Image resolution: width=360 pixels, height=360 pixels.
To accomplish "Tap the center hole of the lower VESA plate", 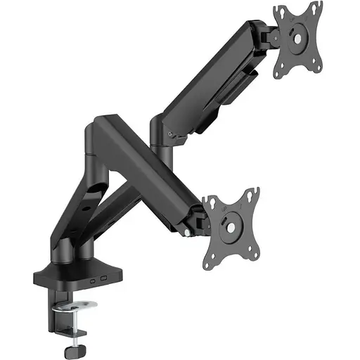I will [230, 226].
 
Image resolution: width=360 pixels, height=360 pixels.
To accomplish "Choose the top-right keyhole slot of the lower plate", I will [251, 195].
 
